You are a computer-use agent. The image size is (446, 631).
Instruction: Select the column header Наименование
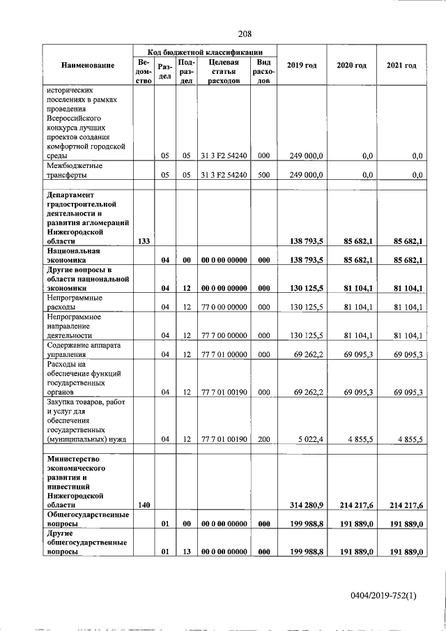pyautogui.click(x=87, y=66)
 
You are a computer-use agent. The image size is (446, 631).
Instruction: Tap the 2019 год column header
pyautogui.click(x=302, y=66)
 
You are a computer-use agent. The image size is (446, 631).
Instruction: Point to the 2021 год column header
pyautogui.click(x=401, y=66)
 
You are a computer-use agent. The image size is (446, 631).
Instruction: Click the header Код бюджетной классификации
pyautogui.click(x=205, y=52)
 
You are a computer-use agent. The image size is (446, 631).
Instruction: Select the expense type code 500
pyautogui.click(x=263, y=174)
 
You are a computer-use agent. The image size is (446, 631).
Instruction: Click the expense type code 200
pyautogui.click(x=263, y=439)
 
